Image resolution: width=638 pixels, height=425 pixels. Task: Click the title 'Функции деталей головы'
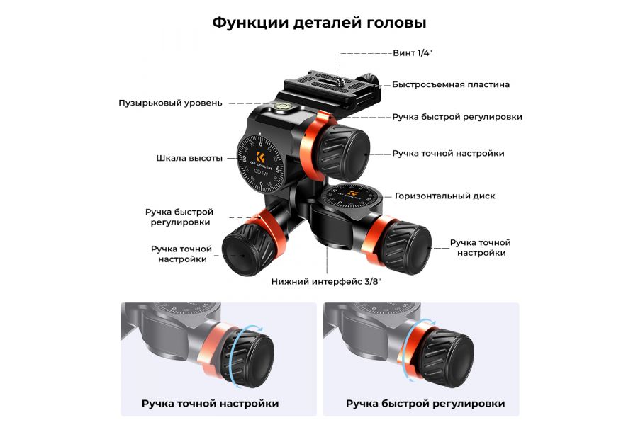pyautogui.click(x=319, y=23)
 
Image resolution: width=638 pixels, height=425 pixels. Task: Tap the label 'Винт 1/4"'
pyautogui.click(x=413, y=53)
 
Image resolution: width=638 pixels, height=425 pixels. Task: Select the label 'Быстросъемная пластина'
pyautogui.click(x=451, y=84)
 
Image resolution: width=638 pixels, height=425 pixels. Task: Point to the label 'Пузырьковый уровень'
pyautogui.click(x=170, y=103)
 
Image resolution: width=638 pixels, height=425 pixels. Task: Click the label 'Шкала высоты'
pyautogui.click(x=189, y=158)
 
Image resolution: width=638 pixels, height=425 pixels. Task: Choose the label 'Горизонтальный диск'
pyautogui.click(x=445, y=195)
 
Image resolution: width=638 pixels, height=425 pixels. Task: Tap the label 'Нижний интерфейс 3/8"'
pyautogui.click(x=327, y=281)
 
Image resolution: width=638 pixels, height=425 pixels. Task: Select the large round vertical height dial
pyautogui.click(x=263, y=166)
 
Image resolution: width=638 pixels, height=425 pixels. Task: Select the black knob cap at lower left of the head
pyautogui.click(x=240, y=252)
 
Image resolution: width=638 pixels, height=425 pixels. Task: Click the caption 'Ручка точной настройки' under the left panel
pyautogui.click(x=210, y=403)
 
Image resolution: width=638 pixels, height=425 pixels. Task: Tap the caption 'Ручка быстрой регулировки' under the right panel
pyautogui.click(x=425, y=403)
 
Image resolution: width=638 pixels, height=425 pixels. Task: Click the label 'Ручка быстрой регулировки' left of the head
pyautogui.click(x=179, y=217)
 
